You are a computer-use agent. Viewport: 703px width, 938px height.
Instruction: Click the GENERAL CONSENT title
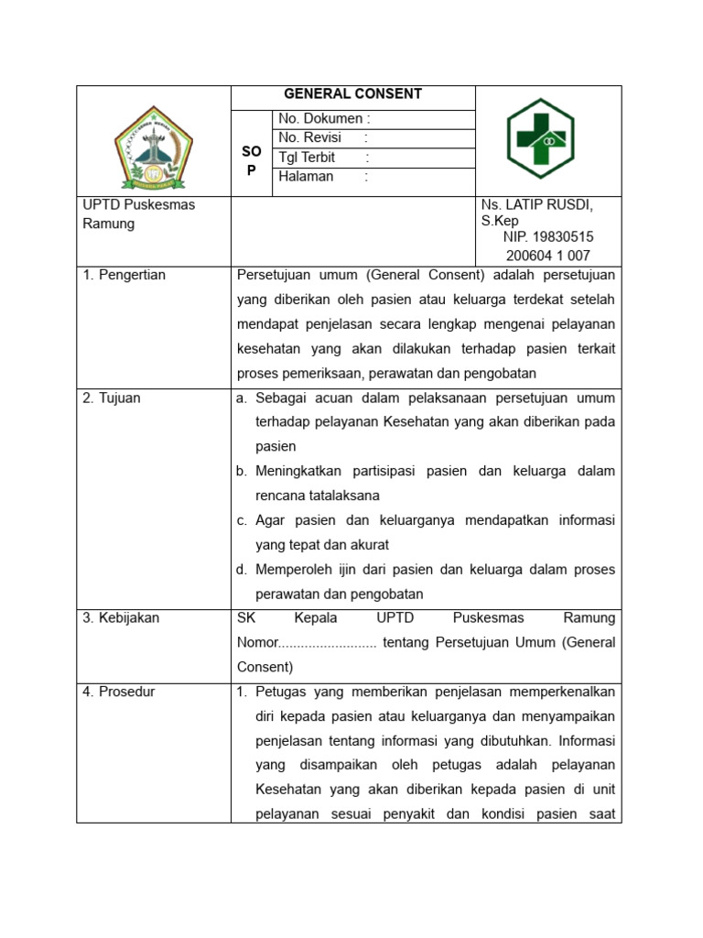click(x=352, y=94)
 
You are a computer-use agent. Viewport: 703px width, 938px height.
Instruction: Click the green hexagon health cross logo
click(x=540, y=139)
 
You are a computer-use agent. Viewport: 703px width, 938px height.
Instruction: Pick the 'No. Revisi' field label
click(x=310, y=138)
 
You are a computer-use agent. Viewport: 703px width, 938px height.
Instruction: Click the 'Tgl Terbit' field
click(x=308, y=158)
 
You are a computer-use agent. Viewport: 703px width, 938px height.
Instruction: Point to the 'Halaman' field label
click(x=307, y=177)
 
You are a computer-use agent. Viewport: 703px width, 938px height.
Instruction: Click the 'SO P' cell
click(x=251, y=159)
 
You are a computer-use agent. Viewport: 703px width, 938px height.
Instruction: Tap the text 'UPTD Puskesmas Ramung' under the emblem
click(x=138, y=214)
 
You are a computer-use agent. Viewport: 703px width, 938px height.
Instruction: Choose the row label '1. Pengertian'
click(x=124, y=275)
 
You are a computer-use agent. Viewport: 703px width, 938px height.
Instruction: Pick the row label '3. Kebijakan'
click(x=121, y=617)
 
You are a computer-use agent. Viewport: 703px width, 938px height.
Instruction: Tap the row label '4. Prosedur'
click(x=119, y=692)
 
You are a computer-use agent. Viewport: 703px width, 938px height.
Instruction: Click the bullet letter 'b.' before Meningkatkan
click(x=242, y=471)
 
